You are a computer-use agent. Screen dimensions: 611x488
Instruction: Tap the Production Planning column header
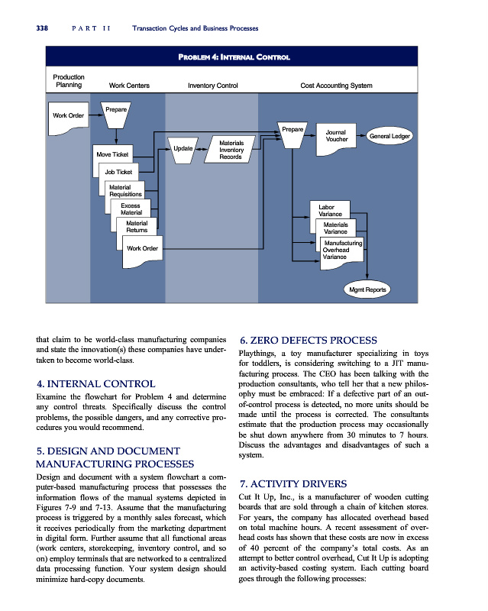tap(69, 81)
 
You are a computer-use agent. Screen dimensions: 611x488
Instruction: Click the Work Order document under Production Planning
tap(68, 116)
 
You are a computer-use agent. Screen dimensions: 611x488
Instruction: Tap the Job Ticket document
tap(119, 173)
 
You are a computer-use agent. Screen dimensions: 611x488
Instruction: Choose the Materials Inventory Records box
tap(231, 150)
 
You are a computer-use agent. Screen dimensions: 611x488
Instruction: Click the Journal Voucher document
tap(337, 136)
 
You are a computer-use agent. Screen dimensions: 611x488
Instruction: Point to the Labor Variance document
tap(330, 210)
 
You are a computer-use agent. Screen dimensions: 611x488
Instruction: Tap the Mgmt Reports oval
tap(367, 290)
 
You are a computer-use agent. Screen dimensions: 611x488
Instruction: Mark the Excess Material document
tap(131, 209)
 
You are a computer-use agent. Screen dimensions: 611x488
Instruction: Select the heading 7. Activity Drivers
tap(293, 484)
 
